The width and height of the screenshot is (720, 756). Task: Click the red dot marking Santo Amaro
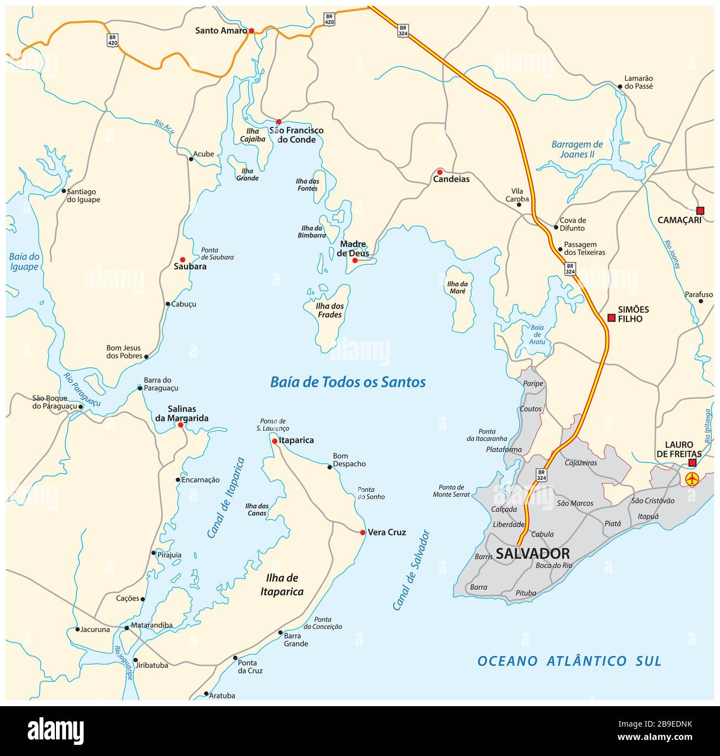[x=251, y=31]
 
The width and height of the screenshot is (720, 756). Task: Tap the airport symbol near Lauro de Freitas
[x=692, y=479]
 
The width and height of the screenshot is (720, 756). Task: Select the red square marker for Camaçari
[x=700, y=210]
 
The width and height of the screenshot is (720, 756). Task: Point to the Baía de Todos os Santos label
[x=348, y=382]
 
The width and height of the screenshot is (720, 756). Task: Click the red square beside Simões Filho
[x=611, y=318]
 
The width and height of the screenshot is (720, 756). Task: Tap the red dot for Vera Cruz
[x=363, y=533]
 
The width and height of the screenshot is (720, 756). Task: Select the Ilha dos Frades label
[x=330, y=310]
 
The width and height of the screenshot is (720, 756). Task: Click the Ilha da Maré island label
[x=457, y=287]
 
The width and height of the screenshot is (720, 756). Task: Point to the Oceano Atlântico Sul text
[x=569, y=661]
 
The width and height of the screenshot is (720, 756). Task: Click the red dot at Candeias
[x=440, y=172]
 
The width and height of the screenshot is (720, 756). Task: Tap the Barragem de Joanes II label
[x=577, y=150]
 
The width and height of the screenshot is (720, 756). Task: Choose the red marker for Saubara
[x=182, y=259]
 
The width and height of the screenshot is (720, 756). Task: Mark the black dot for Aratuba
[x=206, y=693]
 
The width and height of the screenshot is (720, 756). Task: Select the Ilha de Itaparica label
[x=282, y=585]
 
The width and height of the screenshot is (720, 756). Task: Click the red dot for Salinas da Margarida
[x=181, y=425]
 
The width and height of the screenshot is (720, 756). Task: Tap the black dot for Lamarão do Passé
[x=620, y=86]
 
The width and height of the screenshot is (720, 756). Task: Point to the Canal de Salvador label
[x=411, y=570]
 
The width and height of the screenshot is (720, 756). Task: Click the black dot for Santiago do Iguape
[x=64, y=191]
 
